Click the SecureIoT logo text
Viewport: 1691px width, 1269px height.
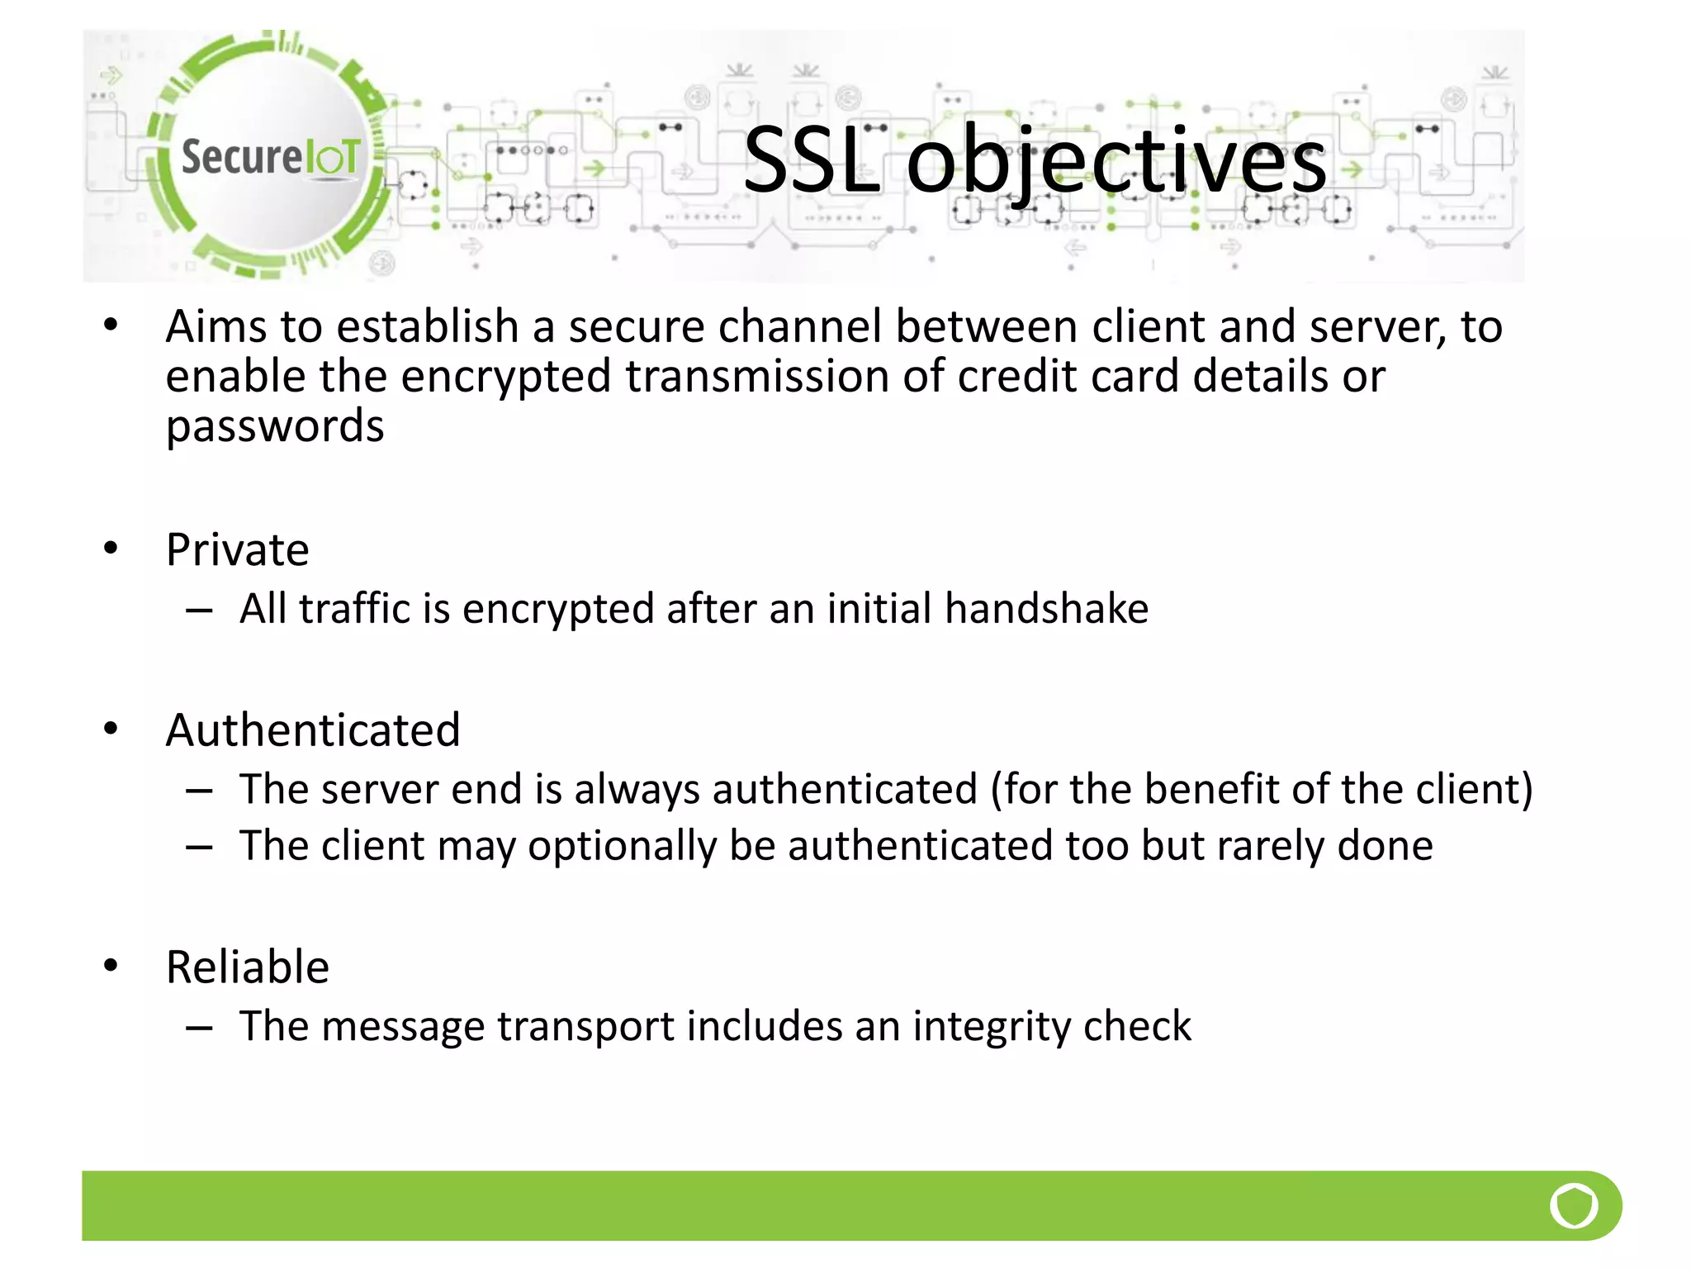tap(271, 156)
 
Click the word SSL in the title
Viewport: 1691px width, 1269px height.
tap(811, 161)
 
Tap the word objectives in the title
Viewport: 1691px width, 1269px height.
tap(1116, 161)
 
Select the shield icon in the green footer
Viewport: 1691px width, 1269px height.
tap(1574, 1206)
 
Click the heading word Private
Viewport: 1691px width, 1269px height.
tap(238, 549)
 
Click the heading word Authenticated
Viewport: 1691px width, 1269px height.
tap(313, 730)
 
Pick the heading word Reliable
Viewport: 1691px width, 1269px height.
tap(248, 967)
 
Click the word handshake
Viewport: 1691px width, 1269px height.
tap(1046, 609)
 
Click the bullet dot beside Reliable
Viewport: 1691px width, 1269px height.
tap(111, 965)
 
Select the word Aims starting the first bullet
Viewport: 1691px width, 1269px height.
tap(216, 326)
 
